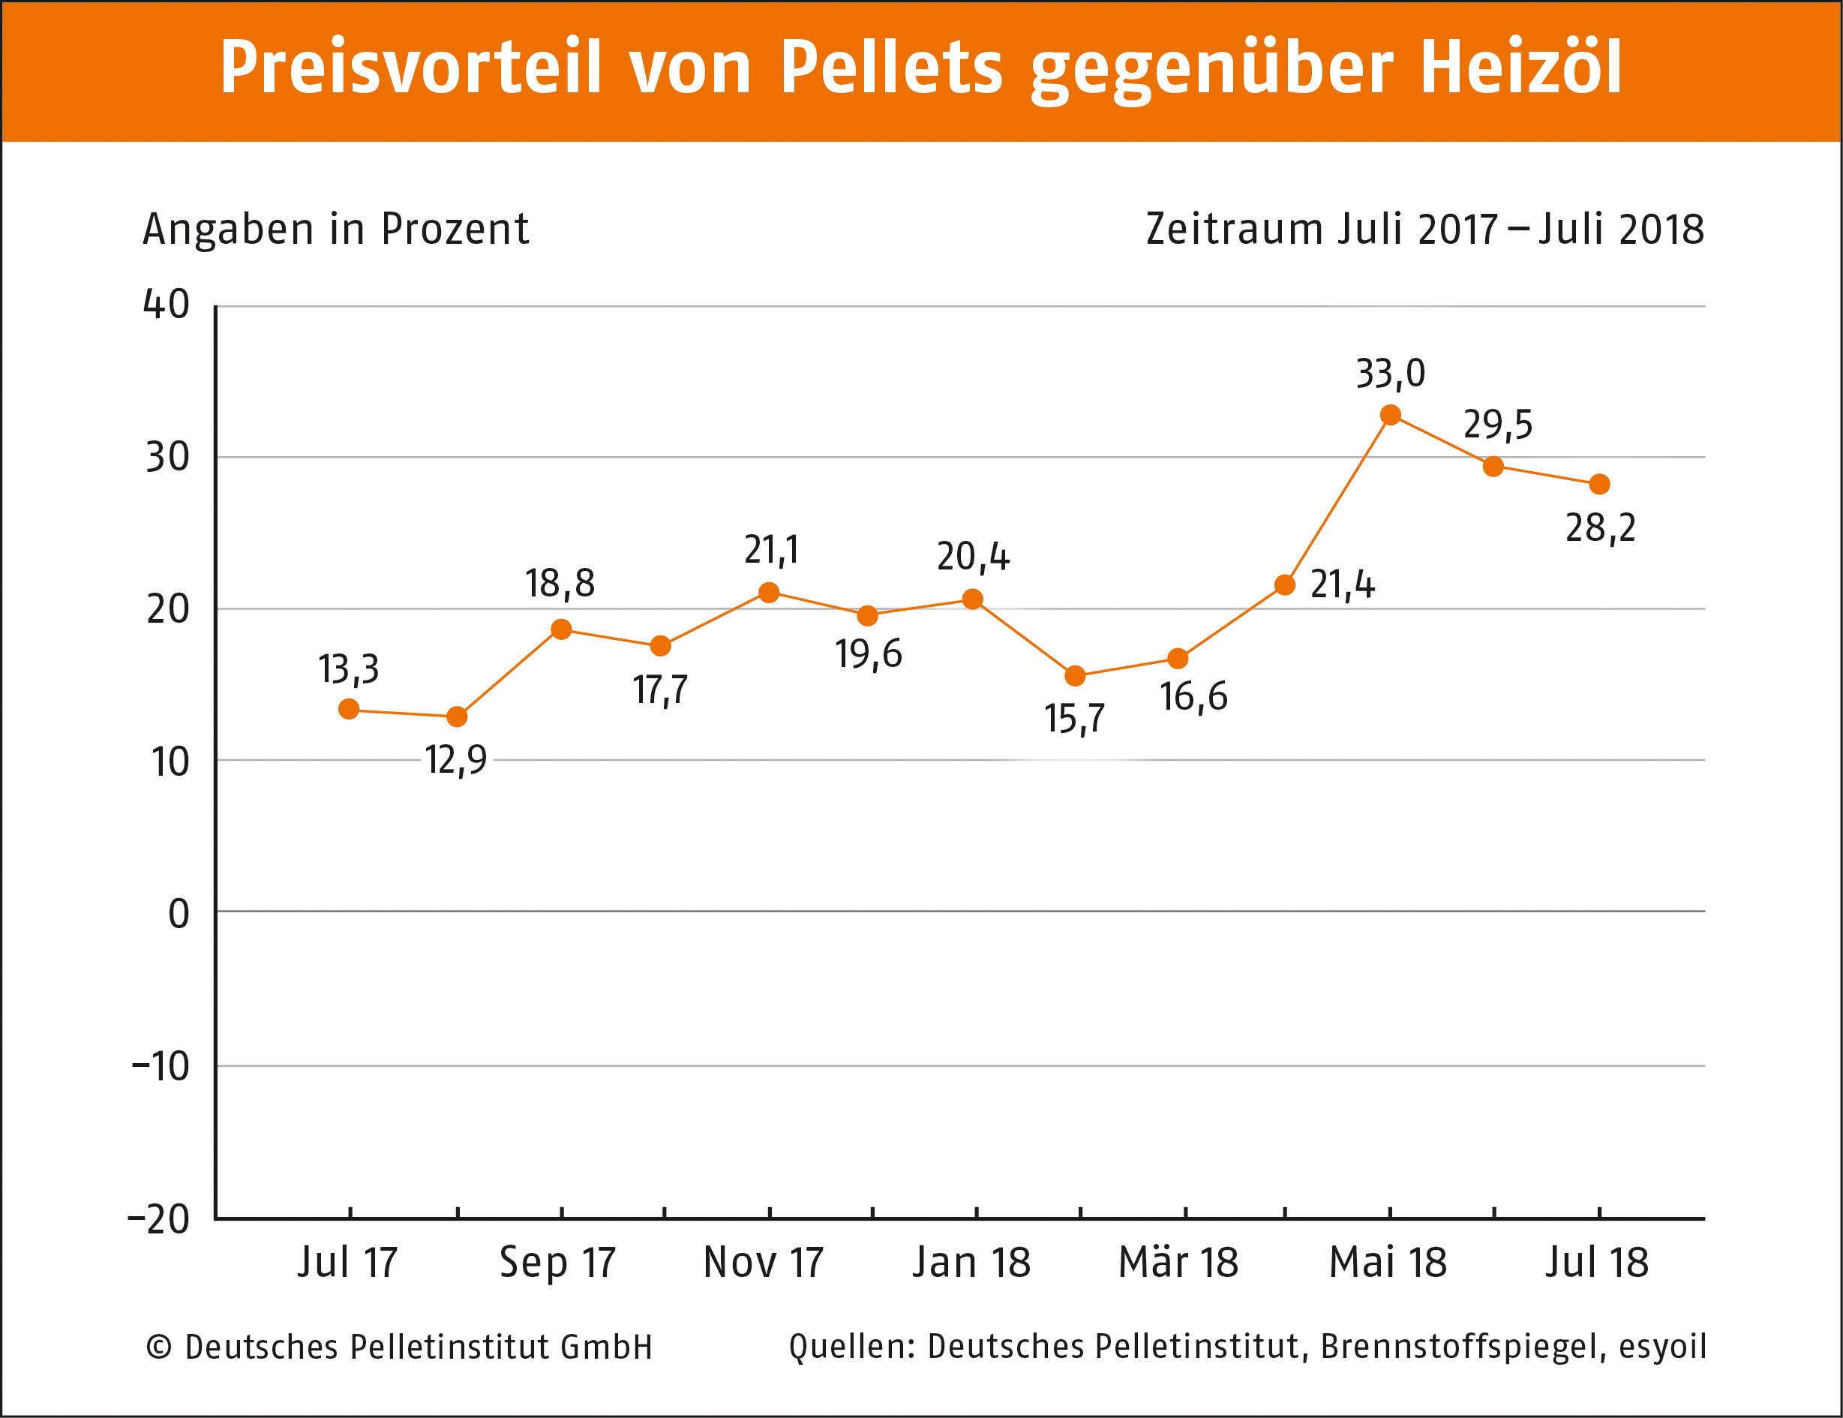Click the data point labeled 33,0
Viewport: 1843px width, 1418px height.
pyautogui.click(x=1391, y=416)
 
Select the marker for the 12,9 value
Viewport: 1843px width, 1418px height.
pyautogui.click(x=457, y=717)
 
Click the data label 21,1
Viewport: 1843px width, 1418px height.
pyautogui.click(x=770, y=551)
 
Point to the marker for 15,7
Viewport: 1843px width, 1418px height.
pyautogui.click(x=1075, y=676)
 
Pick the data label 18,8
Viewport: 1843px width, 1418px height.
pyautogui.click(x=560, y=584)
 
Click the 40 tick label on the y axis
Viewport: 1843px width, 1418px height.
pyautogui.click(x=167, y=305)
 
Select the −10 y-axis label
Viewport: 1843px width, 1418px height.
pyautogui.click(x=161, y=1067)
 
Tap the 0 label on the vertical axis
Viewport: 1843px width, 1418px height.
pyautogui.click(x=178, y=914)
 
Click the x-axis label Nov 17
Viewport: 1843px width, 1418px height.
pyautogui.click(x=764, y=1263)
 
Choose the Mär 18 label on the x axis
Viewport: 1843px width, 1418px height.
pyautogui.click(x=1178, y=1263)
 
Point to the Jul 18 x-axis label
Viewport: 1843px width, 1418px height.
pyautogui.click(x=1596, y=1263)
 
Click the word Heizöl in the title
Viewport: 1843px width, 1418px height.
pyautogui.click(x=1520, y=68)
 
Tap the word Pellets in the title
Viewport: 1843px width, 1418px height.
pyautogui.click(x=891, y=68)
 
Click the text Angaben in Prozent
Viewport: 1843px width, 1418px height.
pyautogui.click(x=336, y=230)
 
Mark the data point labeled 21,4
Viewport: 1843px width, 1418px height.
pyautogui.click(x=1284, y=585)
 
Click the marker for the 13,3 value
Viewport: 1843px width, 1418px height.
pyautogui.click(x=349, y=709)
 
